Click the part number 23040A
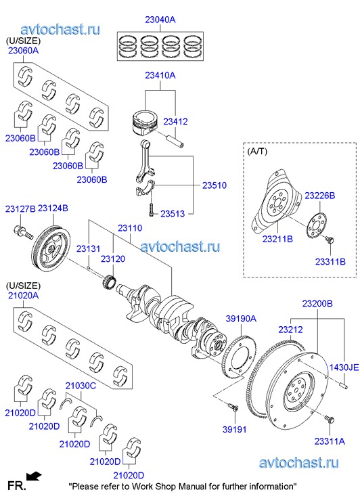click(x=160, y=20)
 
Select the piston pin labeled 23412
click(x=175, y=141)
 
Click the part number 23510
click(x=214, y=185)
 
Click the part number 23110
click(x=130, y=228)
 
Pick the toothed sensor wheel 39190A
click(x=239, y=355)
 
